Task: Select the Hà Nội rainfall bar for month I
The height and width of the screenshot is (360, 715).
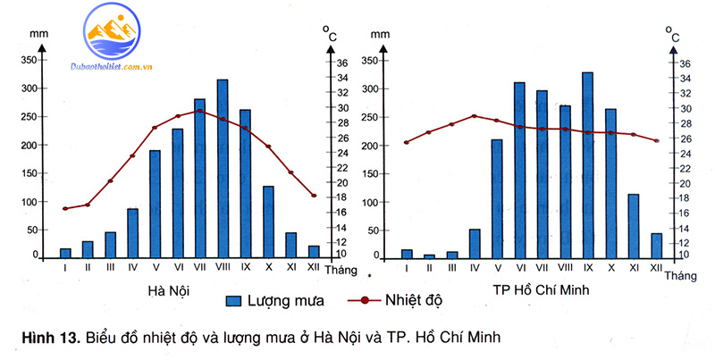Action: (65, 253)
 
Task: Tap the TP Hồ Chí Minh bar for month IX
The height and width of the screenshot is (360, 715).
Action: (587, 165)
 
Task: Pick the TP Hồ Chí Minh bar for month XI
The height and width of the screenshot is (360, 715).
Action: (634, 226)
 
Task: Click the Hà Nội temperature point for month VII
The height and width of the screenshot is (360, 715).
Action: (199, 111)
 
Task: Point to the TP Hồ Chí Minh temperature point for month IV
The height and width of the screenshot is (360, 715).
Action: (474, 116)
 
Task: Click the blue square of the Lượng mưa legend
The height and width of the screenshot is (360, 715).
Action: (235, 300)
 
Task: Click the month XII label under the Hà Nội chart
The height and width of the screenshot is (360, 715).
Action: (313, 267)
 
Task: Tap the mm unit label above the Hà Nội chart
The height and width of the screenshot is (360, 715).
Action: (38, 33)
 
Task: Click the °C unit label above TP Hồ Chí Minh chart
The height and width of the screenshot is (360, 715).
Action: (671, 34)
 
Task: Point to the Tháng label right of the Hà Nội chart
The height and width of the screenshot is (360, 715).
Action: (341, 269)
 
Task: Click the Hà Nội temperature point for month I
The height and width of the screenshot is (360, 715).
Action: (65, 208)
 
